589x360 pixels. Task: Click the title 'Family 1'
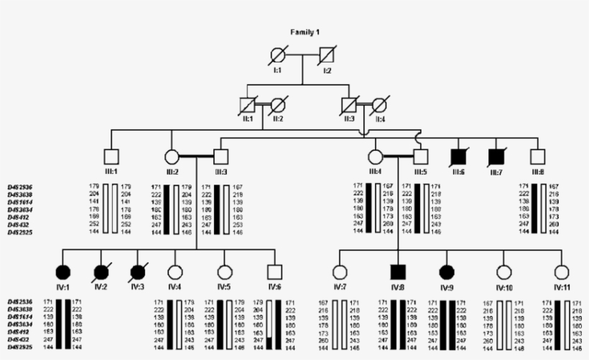coord(305,33)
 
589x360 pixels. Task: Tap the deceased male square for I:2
coord(327,55)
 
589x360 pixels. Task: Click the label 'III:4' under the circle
coord(375,172)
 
